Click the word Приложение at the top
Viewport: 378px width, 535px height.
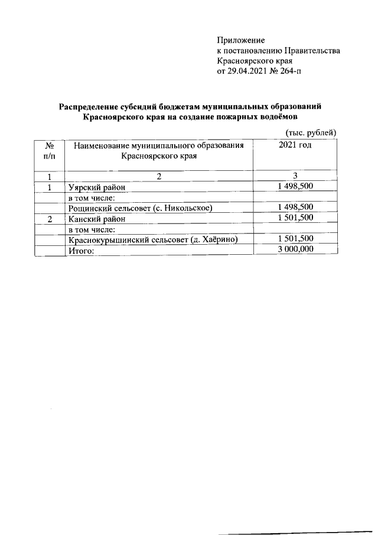pos(241,40)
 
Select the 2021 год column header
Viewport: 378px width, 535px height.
pos(295,145)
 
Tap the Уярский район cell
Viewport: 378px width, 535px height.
pos(98,187)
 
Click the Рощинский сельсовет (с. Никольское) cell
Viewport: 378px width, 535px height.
pos(140,207)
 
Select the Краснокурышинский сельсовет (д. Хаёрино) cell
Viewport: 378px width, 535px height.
pos(153,239)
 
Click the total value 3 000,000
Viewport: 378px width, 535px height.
pos(295,249)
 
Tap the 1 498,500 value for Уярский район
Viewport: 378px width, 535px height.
pos(295,187)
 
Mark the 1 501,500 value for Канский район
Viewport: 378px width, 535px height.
pos(295,218)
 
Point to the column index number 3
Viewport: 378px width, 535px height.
pos(295,176)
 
